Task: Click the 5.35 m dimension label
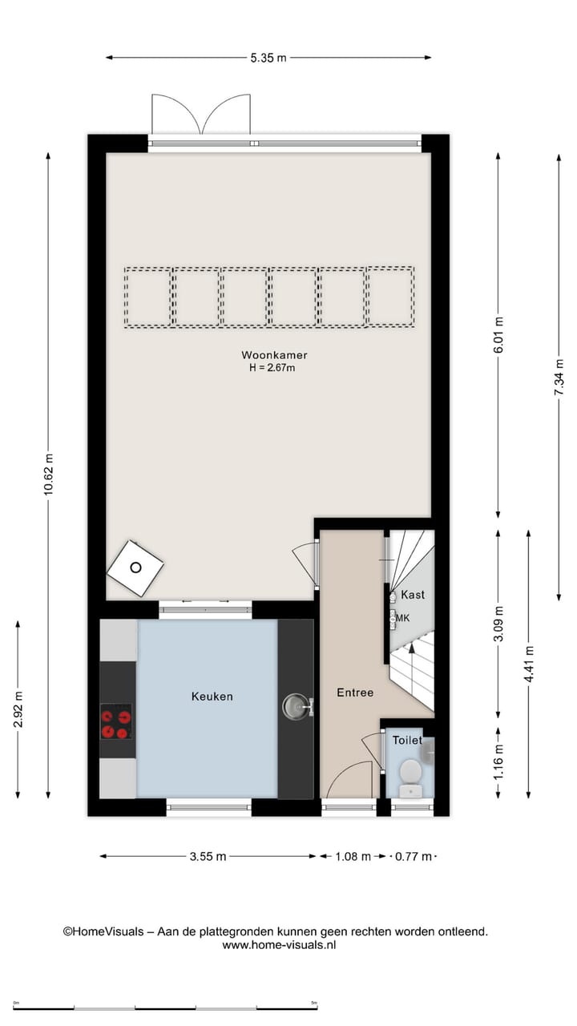tap(268, 58)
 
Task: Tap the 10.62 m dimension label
tap(48, 475)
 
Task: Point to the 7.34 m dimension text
tap(559, 378)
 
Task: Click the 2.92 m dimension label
tap(18, 709)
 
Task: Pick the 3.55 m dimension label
tap(208, 856)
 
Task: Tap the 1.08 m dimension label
tap(353, 856)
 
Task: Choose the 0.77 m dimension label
tap(412, 856)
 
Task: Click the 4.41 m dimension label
tap(528, 664)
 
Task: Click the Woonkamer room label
tap(274, 355)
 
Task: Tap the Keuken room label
tap(212, 696)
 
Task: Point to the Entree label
tap(354, 692)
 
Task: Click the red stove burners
tap(116, 721)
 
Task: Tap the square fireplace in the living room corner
tap(135, 568)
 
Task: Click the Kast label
tap(413, 595)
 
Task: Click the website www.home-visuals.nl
tap(279, 945)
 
